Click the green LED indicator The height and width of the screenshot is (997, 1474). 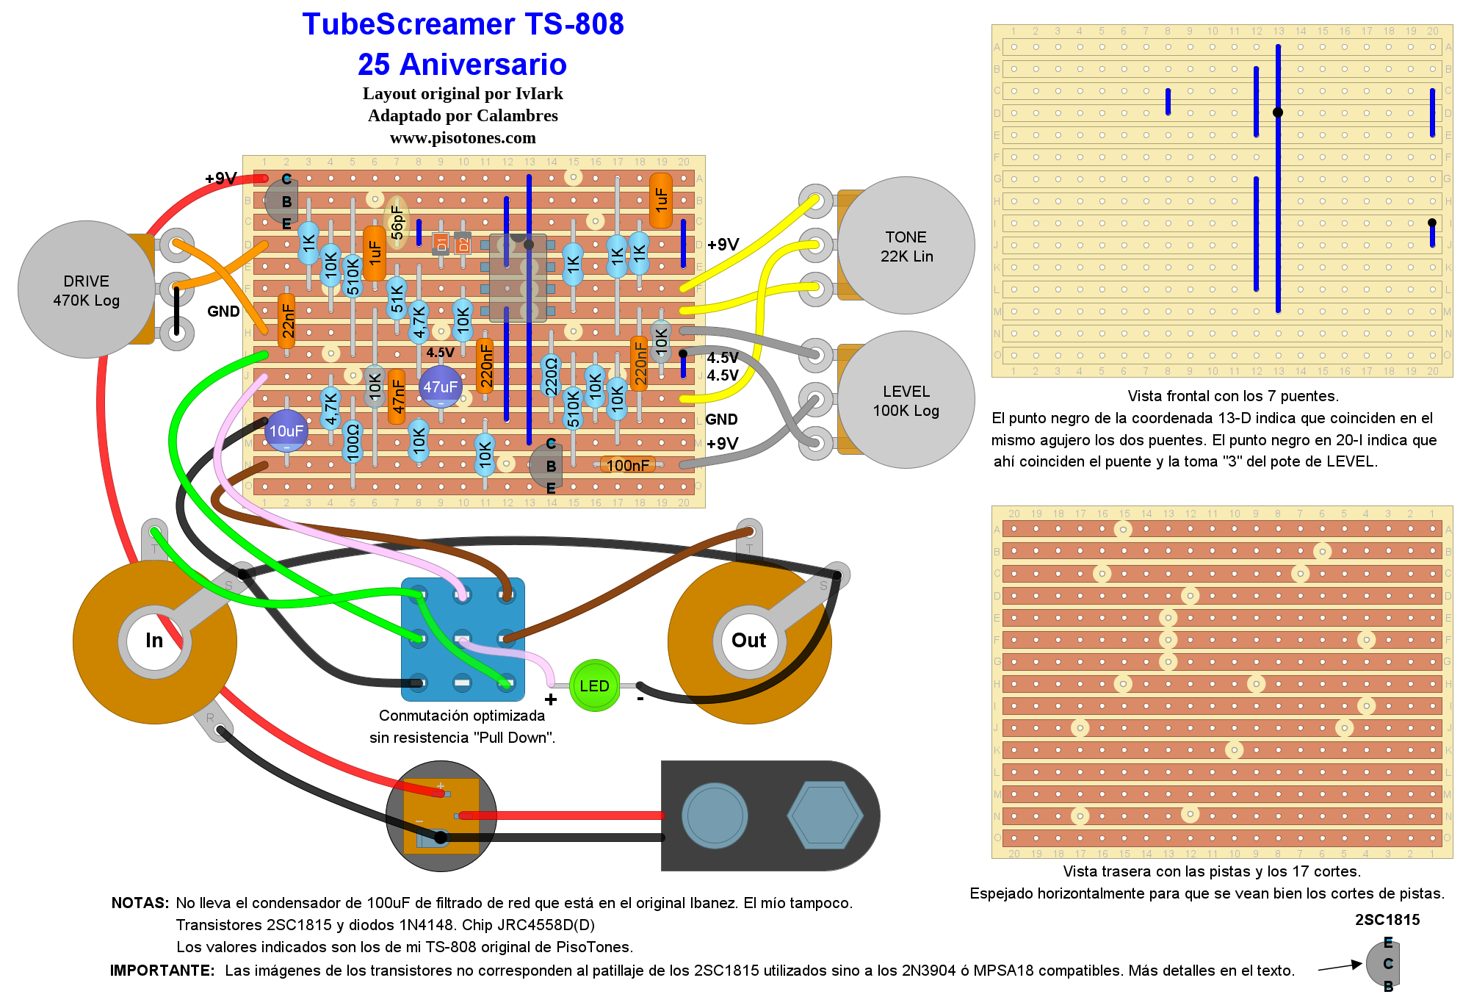pyautogui.click(x=594, y=685)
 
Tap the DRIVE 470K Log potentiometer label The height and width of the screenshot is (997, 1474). pyautogui.click(x=86, y=290)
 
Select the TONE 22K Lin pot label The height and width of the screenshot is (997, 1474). pyautogui.click(x=906, y=246)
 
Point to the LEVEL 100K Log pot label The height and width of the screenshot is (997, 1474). pyautogui.click(x=906, y=400)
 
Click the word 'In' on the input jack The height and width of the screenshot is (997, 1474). pyautogui.click(x=154, y=641)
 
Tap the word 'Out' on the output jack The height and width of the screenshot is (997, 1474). pyautogui.click(x=748, y=641)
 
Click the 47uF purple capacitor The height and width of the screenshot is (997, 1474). pyautogui.click(x=440, y=387)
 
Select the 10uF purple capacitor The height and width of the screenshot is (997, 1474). pyautogui.click(x=286, y=431)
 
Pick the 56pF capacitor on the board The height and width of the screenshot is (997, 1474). pyautogui.click(x=397, y=221)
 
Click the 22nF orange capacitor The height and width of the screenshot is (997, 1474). pyautogui.click(x=287, y=321)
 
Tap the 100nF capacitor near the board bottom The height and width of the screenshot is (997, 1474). pyautogui.click(x=628, y=465)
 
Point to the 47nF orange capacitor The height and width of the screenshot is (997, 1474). pyautogui.click(x=397, y=396)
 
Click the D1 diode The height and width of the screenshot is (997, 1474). pyautogui.click(x=441, y=243)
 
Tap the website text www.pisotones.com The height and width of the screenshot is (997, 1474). pyautogui.click(x=463, y=138)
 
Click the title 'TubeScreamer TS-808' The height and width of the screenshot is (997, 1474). pyautogui.click(x=463, y=24)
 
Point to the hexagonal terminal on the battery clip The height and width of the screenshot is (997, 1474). pyautogui.click(x=824, y=816)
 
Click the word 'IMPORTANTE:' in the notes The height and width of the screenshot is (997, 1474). pyautogui.click(x=162, y=971)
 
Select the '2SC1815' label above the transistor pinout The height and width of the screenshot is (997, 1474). pyautogui.click(x=1387, y=920)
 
